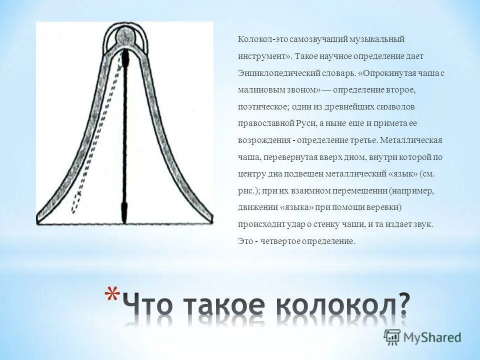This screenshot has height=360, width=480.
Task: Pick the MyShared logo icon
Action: point(392,337)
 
